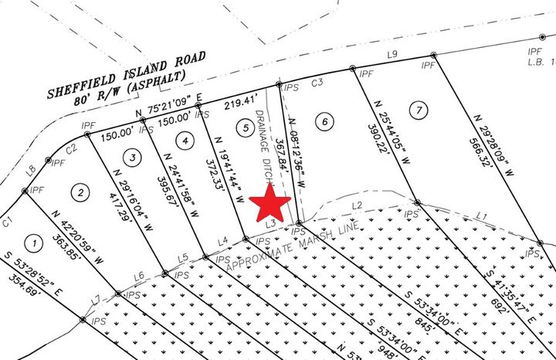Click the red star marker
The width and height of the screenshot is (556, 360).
[270, 203]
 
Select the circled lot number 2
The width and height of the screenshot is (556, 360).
[79, 191]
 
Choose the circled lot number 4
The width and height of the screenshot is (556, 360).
[183, 141]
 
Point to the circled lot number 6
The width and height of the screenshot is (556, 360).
[324, 121]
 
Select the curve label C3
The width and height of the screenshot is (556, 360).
[317, 82]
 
